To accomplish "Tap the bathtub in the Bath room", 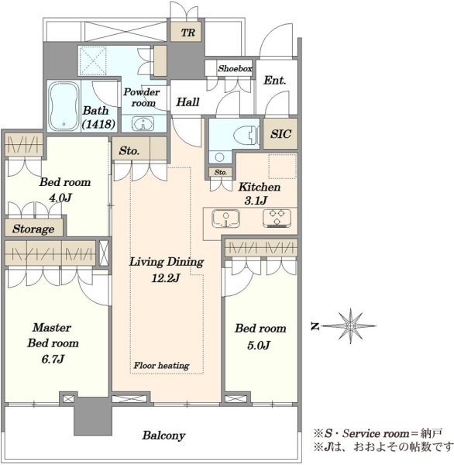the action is [64, 106].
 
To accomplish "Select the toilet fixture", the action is [246, 136].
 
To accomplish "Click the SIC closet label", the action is [280, 134].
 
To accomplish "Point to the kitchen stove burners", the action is [277, 219].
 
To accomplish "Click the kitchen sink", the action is [226, 219].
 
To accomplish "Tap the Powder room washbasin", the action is [143, 124].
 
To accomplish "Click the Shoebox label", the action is [235, 68].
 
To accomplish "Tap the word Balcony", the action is [163, 436].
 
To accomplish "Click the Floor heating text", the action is [161, 365].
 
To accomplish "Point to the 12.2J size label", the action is [166, 278].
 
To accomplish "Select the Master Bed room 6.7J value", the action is [53, 359].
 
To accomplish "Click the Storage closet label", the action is [33, 229].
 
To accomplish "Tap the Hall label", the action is [187, 102].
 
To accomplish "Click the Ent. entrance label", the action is [274, 80].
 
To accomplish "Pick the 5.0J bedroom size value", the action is [259, 345].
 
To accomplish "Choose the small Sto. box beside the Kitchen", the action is [220, 172].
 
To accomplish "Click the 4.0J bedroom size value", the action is [60, 198].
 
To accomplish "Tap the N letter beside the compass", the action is [315, 326].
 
